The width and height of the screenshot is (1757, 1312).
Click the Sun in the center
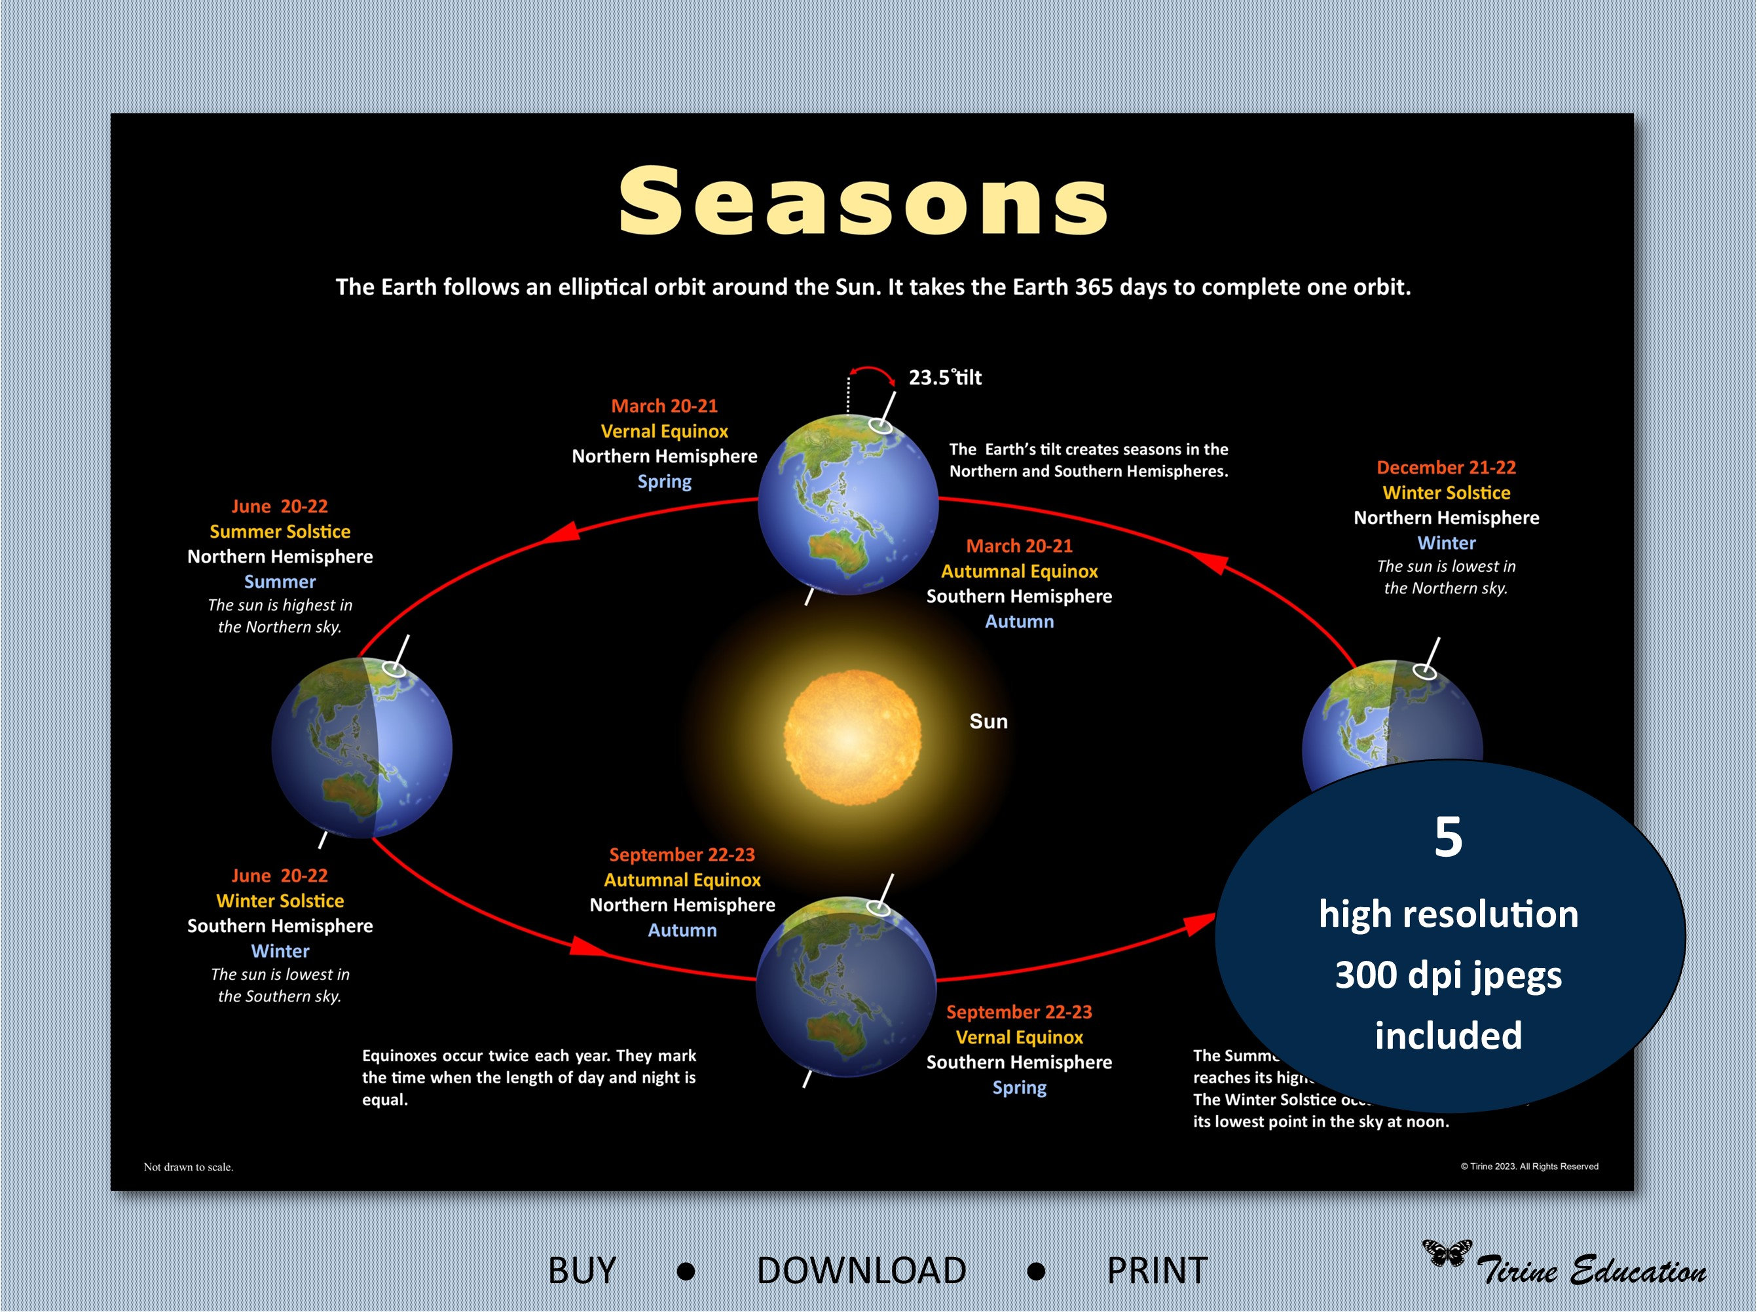(853, 737)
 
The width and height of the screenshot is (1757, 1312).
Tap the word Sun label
(988, 721)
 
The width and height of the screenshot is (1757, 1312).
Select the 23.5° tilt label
(945, 377)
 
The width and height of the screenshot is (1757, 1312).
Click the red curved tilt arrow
(872, 373)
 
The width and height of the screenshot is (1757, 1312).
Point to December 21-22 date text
(1446, 467)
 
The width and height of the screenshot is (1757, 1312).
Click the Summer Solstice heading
(280, 531)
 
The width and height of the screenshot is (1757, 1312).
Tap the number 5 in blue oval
(1448, 836)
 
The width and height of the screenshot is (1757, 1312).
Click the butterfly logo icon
(1446, 1252)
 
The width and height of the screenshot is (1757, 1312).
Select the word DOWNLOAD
(861, 1271)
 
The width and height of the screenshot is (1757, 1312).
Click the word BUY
(582, 1271)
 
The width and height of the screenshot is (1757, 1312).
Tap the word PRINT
(1156, 1271)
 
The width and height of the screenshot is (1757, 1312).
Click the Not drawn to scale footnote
(188, 1167)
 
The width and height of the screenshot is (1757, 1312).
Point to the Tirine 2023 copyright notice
(1529, 1166)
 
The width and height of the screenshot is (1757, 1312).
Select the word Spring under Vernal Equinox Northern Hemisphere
(665, 481)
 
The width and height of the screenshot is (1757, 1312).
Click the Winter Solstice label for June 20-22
(280, 901)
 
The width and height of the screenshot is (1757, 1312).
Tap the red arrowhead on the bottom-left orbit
(587, 946)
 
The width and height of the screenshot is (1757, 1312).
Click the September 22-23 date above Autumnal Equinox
(681, 855)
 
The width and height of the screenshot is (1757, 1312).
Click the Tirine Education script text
(1591, 1271)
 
